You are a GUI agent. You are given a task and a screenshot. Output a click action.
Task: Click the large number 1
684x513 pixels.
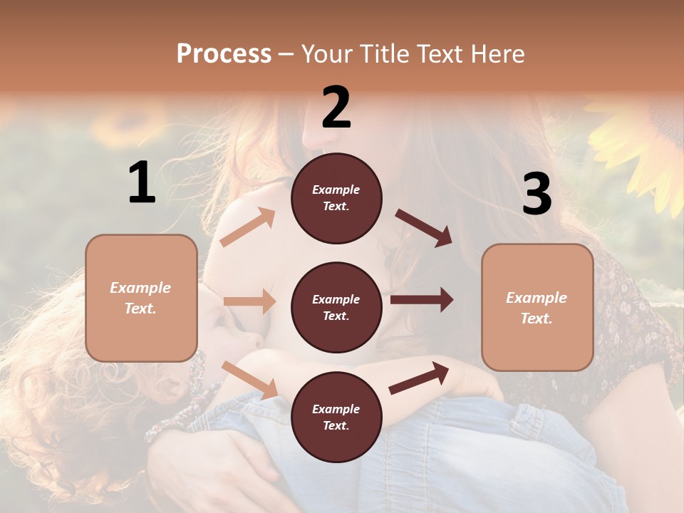142,183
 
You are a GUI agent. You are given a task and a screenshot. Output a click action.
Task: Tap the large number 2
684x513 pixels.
336,108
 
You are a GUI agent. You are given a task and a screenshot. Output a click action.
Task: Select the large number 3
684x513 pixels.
537,195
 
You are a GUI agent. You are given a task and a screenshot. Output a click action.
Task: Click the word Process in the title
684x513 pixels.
224,54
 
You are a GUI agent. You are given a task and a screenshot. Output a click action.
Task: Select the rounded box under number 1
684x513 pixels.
141,298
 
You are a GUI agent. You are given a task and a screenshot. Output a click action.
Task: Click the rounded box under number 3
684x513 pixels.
537,308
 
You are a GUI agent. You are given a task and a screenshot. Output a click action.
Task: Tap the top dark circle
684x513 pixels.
336,198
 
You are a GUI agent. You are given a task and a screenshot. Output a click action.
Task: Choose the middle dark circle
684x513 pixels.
336,308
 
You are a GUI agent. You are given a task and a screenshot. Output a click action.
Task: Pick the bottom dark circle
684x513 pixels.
336,418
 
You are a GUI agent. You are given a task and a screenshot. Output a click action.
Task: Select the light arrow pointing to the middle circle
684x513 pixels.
249,301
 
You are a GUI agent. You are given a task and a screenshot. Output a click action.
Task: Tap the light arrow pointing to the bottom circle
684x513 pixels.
250,379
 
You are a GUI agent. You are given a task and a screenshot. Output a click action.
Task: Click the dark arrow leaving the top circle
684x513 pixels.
423,227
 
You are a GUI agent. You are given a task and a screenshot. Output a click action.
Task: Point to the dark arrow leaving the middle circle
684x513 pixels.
422,300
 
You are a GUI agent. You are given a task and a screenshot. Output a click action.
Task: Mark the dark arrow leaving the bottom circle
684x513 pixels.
419,378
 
